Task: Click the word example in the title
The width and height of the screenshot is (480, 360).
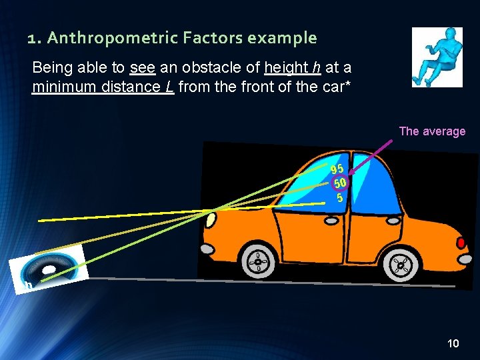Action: (x=281, y=38)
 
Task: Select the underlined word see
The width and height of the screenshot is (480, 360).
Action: (x=141, y=68)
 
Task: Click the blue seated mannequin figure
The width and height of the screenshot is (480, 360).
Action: (x=437, y=57)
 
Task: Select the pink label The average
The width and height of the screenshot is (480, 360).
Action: (x=432, y=131)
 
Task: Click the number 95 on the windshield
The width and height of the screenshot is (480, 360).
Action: (x=337, y=169)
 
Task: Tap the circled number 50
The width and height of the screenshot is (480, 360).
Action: (x=340, y=183)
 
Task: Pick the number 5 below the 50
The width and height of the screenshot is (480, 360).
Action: (x=340, y=198)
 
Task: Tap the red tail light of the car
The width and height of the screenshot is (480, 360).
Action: (x=461, y=241)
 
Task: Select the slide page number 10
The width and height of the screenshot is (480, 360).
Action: (x=453, y=344)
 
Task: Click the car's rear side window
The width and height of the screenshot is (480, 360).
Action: (x=375, y=187)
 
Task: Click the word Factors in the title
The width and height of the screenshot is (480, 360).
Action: (x=210, y=38)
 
